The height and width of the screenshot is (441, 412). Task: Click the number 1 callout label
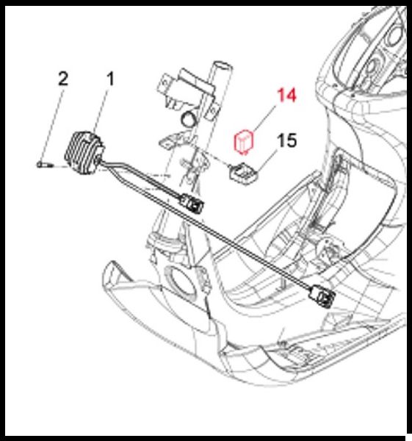pyautogui.click(x=111, y=79)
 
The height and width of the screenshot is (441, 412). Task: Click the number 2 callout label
pyautogui.click(x=63, y=79)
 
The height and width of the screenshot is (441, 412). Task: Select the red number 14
pyautogui.click(x=286, y=95)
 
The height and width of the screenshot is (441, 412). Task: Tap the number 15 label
pyautogui.click(x=286, y=140)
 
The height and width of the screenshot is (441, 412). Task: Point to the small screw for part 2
pyautogui.click(x=44, y=164)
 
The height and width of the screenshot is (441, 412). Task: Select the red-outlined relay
pyautogui.click(x=244, y=142)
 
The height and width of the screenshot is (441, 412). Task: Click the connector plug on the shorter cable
pyautogui.click(x=192, y=203)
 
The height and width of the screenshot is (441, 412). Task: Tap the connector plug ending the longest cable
pyautogui.click(x=322, y=296)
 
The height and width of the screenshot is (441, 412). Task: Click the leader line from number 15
pyautogui.click(x=267, y=159)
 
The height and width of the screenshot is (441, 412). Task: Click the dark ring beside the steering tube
pyautogui.click(x=189, y=119)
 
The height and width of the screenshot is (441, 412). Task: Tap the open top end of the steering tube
pyautogui.click(x=223, y=66)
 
